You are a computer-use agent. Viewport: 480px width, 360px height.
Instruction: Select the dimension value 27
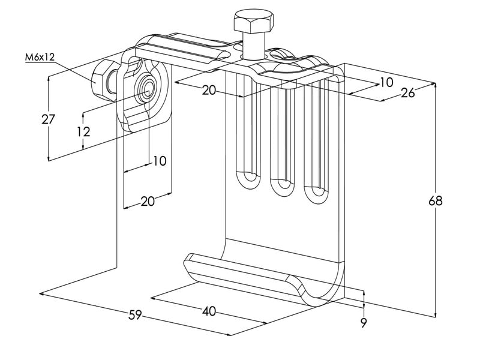tap(49, 119)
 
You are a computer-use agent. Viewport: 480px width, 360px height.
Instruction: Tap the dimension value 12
tap(84, 131)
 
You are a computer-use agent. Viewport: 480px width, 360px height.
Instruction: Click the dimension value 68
tap(436, 200)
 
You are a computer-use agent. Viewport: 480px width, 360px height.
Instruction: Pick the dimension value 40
tap(209, 311)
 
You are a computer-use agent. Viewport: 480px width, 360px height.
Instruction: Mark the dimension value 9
tap(364, 322)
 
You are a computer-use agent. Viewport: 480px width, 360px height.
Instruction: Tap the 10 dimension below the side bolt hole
tap(159, 161)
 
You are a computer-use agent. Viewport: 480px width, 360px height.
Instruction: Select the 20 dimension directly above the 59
tap(147, 201)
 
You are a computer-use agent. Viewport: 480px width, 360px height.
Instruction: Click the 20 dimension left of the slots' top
tap(209, 91)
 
